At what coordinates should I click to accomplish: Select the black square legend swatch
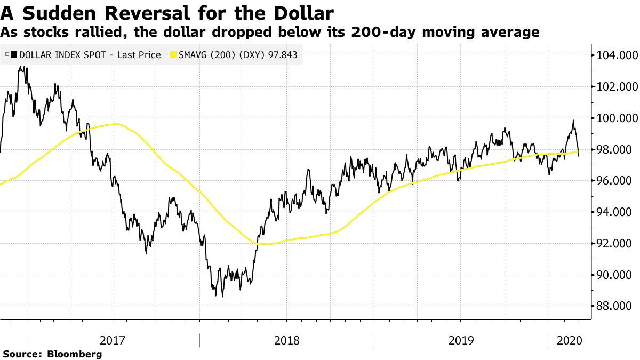point(14,54)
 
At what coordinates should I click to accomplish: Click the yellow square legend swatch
point(173,54)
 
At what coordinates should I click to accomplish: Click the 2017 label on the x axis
point(113,340)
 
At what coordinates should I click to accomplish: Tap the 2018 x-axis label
point(286,340)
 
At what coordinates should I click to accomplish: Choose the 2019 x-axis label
point(461,340)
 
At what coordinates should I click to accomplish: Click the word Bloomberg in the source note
point(75,354)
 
